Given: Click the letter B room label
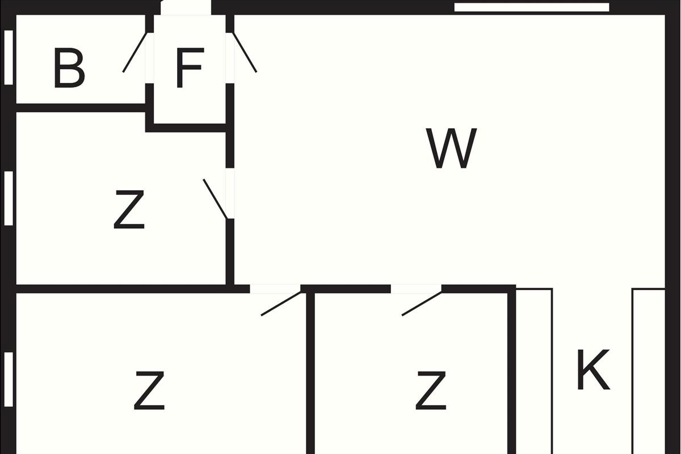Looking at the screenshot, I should pyautogui.click(x=69, y=69).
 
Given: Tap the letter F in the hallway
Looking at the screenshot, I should pyautogui.click(x=189, y=69).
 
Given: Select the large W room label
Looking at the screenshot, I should pyautogui.click(x=451, y=149).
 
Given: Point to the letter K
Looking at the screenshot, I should pyautogui.click(x=593, y=371).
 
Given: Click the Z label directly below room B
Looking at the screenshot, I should pyautogui.click(x=129, y=210).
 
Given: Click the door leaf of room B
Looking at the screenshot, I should pyautogui.click(x=136, y=52).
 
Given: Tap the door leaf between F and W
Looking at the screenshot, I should pyautogui.click(x=245, y=52).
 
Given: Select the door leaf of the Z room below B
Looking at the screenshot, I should pyautogui.click(x=216, y=199).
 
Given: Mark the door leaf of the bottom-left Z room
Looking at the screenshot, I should pyautogui.click(x=281, y=304).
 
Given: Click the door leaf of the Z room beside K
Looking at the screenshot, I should pyautogui.click(x=422, y=304).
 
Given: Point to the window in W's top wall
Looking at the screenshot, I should pyautogui.click(x=532, y=7).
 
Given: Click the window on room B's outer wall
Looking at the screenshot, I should pyautogui.click(x=8, y=57).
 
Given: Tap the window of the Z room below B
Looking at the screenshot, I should pyautogui.click(x=8, y=197).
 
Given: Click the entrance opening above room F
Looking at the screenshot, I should pyautogui.click(x=186, y=7).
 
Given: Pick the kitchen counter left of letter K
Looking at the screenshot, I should pyautogui.click(x=534, y=369).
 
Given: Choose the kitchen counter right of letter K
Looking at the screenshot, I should pyautogui.click(x=648, y=369).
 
